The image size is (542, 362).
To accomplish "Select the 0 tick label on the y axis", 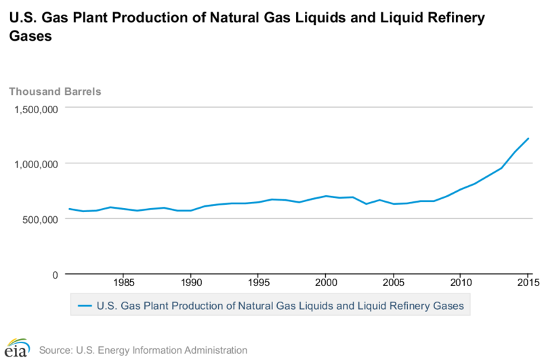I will coord(56,275).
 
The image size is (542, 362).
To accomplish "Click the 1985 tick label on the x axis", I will coord(123,282).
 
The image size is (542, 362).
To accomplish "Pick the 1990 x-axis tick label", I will coord(190,282).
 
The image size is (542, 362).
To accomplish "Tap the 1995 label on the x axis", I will coord(258,282).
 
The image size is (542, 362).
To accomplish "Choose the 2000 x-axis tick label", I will coord(326,282).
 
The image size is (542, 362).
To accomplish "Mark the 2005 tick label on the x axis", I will coord(393,282).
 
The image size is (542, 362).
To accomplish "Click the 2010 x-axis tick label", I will coord(461,282).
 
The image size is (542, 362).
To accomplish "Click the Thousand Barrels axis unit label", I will coord(54,92).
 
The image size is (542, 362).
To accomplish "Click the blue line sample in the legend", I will coord(83,306).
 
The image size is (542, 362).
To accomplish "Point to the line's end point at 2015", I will coord(528,138).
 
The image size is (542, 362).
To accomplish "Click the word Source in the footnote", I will coord(56,350).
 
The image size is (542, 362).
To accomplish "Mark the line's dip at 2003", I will coord(367,203).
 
